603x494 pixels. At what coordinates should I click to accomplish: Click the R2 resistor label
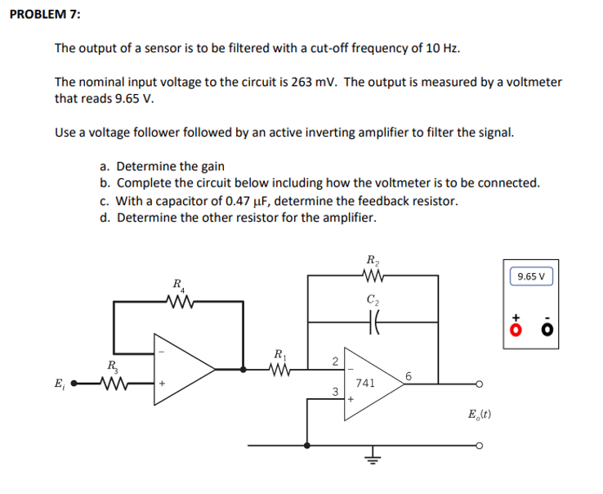tap(372, 262)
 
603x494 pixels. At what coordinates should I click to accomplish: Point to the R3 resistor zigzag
tap(111, 381)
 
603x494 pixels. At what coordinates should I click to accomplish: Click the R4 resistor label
tap(177, 286)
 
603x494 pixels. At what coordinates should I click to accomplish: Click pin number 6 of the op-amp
tap(408, 375)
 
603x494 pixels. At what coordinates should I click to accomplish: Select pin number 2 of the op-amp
tap(335, 361)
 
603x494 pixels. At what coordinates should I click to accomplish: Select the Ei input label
tap(59, 382)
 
